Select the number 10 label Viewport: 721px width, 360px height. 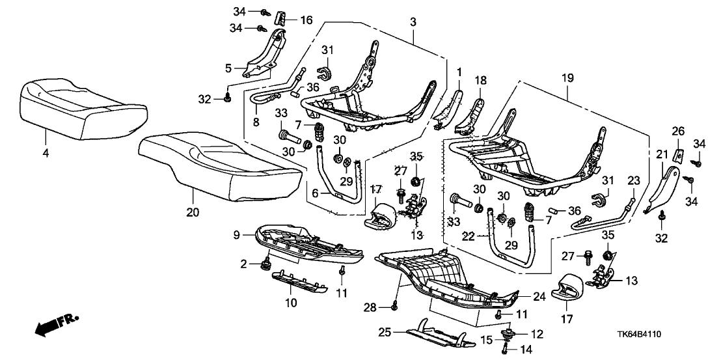click(291, 302)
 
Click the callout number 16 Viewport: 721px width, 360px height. click(306, 21)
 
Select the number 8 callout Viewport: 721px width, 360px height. click(255, 121)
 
